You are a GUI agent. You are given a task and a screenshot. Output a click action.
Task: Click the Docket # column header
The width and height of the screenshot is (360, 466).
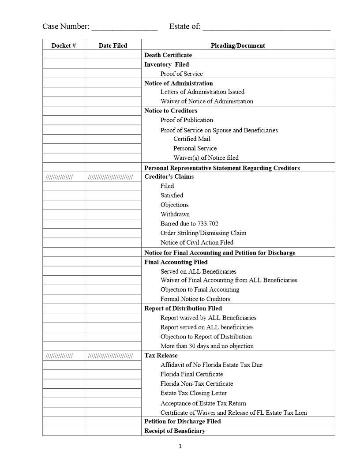(x=64, y=45)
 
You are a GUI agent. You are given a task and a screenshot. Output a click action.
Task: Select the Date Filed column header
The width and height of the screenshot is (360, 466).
(x=113, y=45)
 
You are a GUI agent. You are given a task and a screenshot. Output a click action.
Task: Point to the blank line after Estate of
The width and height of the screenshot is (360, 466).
(x=266, y=27)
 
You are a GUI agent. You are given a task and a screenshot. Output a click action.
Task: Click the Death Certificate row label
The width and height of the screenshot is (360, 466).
(x=168, y=55)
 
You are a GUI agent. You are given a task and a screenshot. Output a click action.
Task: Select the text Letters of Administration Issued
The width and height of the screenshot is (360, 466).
(x=202, y=92)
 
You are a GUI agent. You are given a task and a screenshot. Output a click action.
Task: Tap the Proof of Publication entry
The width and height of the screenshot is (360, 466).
(x=187, y=120)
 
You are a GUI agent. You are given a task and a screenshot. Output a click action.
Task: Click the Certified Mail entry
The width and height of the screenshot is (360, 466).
(x=191, y=139)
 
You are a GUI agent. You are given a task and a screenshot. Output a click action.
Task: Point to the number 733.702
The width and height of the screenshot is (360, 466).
(x=208, y=224)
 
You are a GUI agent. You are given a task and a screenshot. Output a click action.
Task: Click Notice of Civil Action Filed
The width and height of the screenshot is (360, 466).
(x=197, y=242)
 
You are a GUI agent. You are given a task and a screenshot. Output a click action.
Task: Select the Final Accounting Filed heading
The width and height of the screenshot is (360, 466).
(x=176, y=262)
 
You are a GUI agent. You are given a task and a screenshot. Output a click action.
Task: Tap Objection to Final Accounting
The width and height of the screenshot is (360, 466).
(x=200, y=289)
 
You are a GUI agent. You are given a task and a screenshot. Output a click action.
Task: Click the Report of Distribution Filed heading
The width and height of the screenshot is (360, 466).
(x=183, y=308)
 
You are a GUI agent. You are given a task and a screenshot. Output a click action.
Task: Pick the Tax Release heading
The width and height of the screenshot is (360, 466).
(x=161, y=356)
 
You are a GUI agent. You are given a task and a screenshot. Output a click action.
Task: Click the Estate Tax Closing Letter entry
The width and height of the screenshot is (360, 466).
(x=194, y=393)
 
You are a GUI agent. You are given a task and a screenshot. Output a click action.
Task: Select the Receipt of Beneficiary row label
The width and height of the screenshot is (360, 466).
(x=175, y=431)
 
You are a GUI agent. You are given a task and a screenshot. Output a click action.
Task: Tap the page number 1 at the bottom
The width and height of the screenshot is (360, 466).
(x=180, y=446)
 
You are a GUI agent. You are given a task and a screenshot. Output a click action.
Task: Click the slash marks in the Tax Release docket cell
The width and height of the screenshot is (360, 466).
(x=59, y=356)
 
